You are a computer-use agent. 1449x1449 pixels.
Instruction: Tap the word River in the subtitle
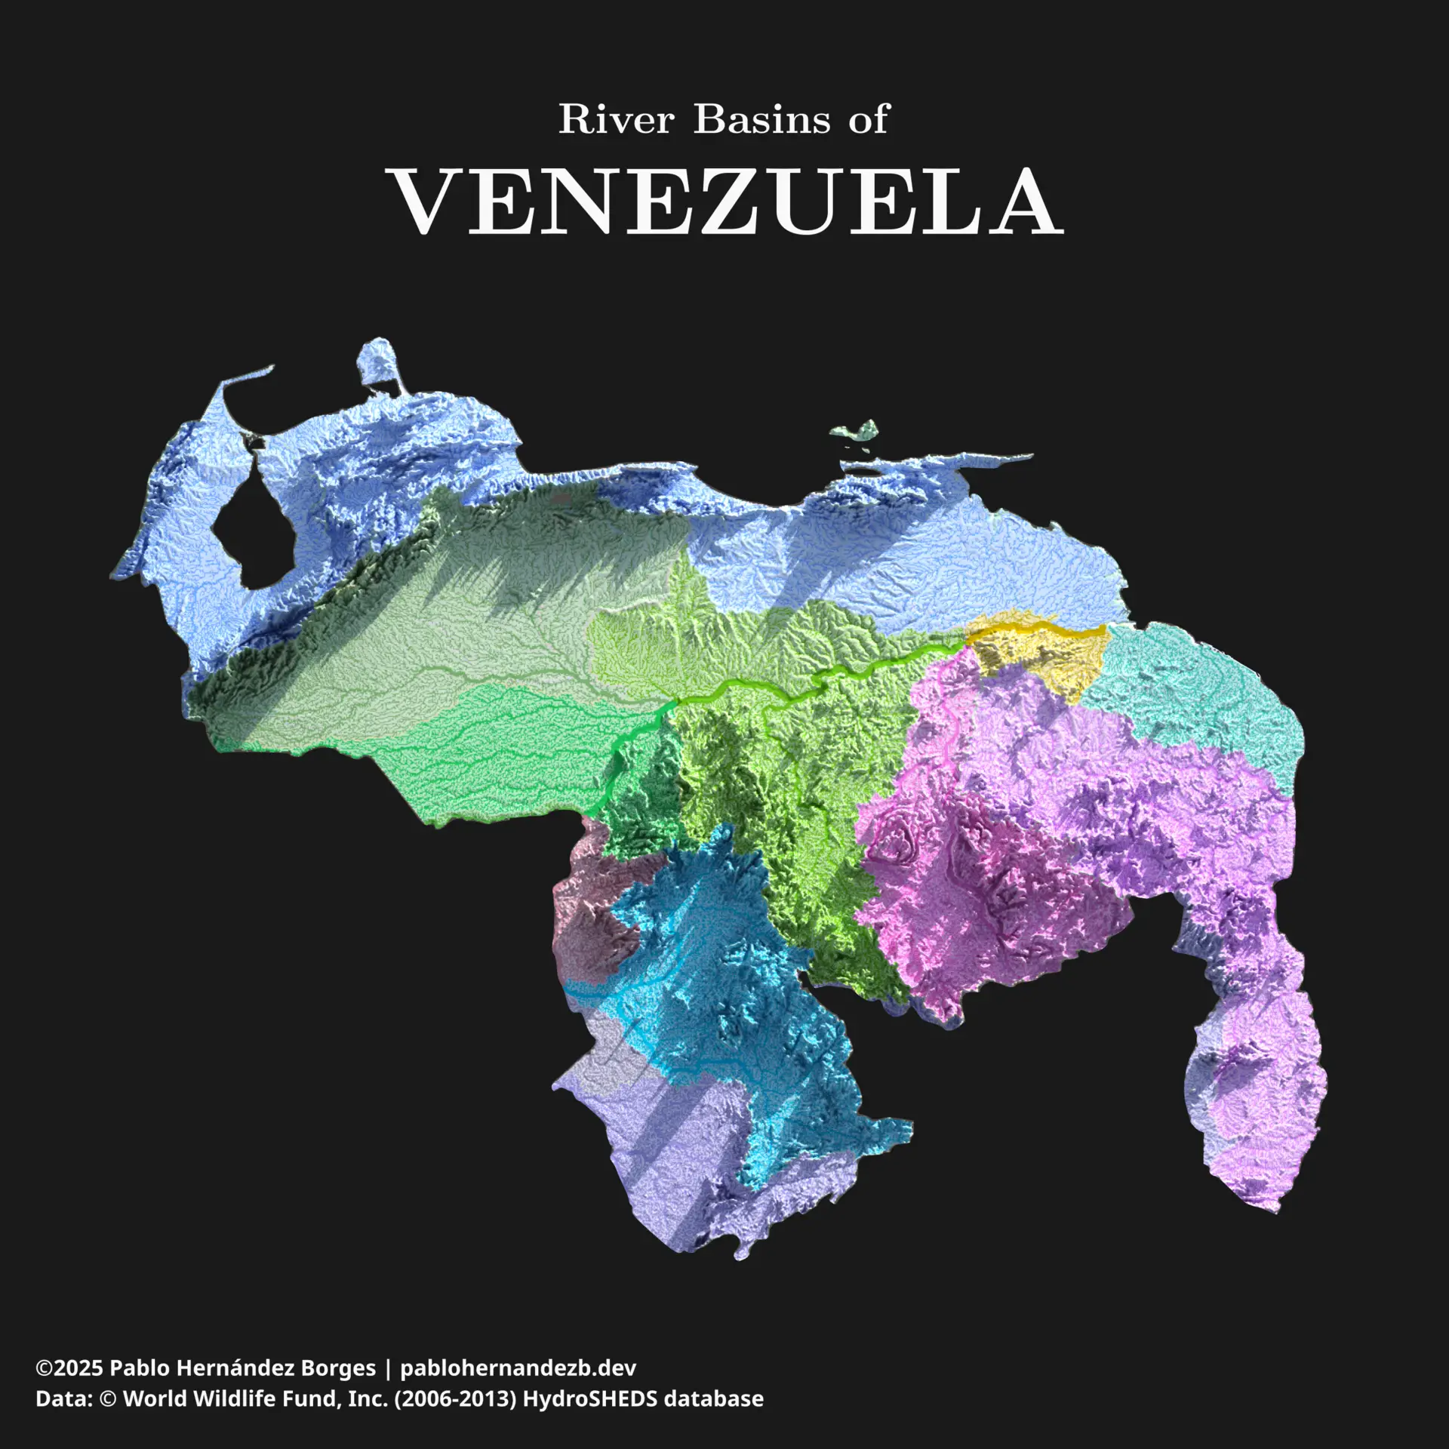tap(616, 119)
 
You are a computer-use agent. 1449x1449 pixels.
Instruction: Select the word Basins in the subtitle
tap(762, 119)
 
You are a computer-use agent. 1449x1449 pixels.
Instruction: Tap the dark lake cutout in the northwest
tap(253, 528)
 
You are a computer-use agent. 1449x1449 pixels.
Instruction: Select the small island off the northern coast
tap(857, 432)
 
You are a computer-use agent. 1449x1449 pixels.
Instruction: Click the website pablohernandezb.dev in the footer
tap(518, 1368)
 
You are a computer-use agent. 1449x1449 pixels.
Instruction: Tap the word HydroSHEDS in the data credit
tap(589, 1399)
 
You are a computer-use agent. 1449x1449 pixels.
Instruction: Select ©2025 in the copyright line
tap(69, 1368)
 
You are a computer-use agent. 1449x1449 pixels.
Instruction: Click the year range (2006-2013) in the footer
tap(455, 1399)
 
